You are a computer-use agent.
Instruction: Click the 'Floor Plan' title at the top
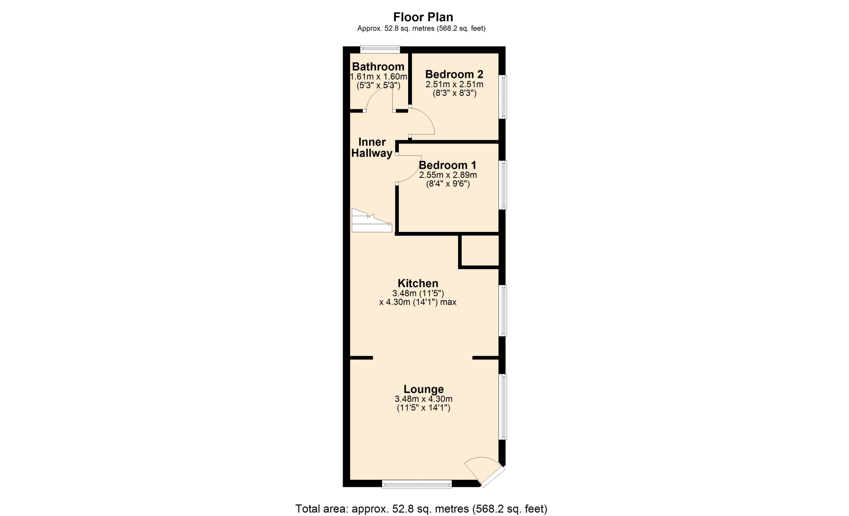423,17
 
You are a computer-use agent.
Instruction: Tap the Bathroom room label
378,67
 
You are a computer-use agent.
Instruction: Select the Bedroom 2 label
454,74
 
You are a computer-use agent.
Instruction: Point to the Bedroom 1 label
447,165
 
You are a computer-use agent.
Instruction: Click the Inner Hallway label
372,147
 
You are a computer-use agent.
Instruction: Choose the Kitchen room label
418,283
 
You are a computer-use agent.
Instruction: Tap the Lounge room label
424,389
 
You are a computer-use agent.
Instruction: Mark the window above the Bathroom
380,50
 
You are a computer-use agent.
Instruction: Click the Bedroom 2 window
503,97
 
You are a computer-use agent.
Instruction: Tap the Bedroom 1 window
503,185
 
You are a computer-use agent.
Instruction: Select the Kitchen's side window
503,311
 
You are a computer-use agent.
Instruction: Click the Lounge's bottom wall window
417,484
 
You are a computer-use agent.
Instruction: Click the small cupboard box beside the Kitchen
480,251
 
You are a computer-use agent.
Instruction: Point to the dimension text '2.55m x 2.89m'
448,175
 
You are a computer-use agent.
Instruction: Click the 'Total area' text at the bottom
421,509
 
